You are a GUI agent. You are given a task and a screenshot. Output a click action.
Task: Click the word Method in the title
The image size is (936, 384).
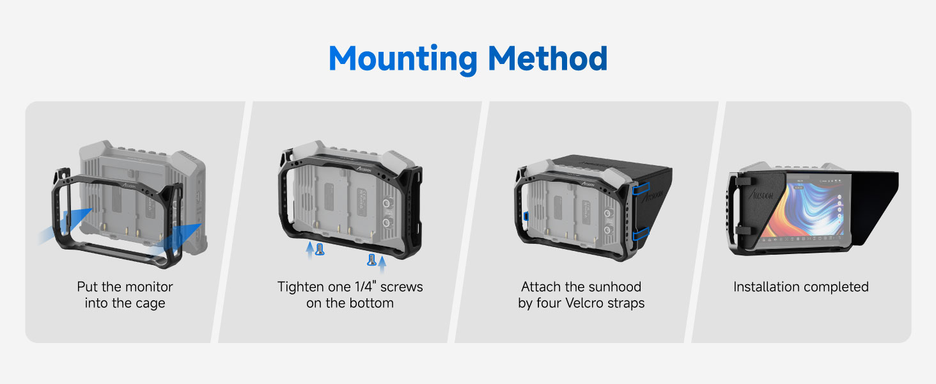click(547, 58)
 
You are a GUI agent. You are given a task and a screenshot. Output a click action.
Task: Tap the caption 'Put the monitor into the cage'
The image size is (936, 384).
click(125, 294)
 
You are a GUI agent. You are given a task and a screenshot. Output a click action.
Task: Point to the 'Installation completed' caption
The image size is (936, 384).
click(800, 287)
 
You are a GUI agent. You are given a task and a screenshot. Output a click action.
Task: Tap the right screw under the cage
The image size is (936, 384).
click(371, 260)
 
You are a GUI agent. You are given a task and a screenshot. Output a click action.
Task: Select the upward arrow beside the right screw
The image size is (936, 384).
click(382, 262)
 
